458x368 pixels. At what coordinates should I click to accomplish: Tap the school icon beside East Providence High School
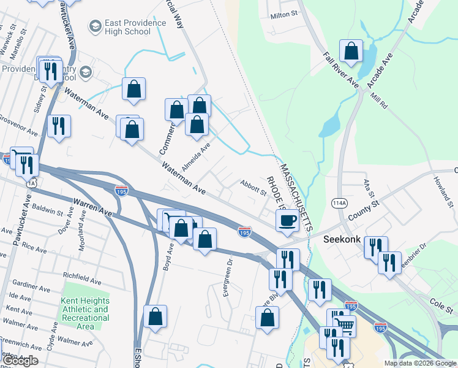[95, 26]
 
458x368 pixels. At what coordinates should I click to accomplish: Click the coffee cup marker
[287, 220]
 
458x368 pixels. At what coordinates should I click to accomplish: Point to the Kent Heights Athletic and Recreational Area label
[86, 313]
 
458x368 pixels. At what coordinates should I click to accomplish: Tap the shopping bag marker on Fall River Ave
[351, 52]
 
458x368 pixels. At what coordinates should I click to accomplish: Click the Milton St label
[283, 13]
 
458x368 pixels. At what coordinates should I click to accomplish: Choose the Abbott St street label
[253, 188]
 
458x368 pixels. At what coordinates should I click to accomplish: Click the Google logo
[20, 361]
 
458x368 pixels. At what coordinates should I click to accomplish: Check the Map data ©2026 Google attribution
[420, 362]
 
